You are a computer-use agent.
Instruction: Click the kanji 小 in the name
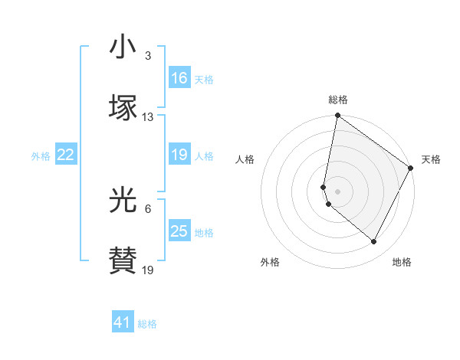click(x=123, y=48)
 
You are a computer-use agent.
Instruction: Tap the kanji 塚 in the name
click(x=123, y=107)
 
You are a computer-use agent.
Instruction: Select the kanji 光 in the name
click(x=123, y=200)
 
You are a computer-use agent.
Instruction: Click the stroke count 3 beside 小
click(x=148, y=57)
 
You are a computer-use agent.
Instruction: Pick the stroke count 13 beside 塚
click(x=148, y=116)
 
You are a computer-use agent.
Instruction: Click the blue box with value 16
click(x=179, y=78)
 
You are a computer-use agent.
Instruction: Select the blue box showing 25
click(x=179, y=231)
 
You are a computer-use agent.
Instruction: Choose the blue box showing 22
click(x=66, y=155)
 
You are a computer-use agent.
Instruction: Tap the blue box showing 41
click(x=123, y=322)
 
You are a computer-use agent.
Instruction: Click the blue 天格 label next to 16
click(x=204, y=79)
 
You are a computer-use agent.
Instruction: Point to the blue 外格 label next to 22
click(x=41, y=155)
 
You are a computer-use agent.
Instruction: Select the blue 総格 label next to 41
click(x=147, y=323)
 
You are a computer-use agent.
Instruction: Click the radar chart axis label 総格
click(x=338, y=100)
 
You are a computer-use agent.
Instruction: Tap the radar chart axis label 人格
click(x=245, y=159)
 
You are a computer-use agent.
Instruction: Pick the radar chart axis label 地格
click(x=402, y=262)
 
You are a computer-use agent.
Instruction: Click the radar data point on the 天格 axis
click(x=412, y=169)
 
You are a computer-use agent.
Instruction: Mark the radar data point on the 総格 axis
click(x=338, y=116)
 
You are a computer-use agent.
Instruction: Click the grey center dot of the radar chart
click(x=338, y=191)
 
